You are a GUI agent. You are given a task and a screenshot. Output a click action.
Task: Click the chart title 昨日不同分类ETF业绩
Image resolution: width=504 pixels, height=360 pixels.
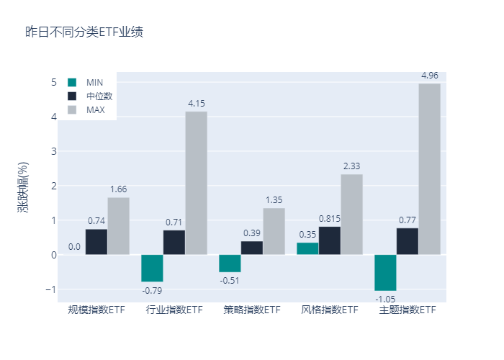point(79,32)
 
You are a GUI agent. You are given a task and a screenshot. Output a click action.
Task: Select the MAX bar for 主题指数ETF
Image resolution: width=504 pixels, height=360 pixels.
point(429,169)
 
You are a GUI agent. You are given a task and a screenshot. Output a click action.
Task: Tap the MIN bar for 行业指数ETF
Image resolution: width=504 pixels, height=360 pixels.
point(152,268)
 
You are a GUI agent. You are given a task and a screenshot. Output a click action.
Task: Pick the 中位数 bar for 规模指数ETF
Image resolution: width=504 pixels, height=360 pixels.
point(96,242)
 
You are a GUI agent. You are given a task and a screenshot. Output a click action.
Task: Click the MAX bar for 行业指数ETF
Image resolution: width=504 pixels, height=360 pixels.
point(196,183)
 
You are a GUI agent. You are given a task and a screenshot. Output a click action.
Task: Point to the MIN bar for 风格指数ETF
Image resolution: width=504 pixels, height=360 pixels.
point(307,248)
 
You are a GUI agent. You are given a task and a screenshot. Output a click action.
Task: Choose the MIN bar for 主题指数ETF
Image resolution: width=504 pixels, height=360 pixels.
point(385,273)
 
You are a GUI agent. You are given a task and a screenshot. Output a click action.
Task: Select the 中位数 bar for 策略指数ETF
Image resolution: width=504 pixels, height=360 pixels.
point(252,248)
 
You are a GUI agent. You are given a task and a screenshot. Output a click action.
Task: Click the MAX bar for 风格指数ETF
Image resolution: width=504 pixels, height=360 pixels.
point(351,215)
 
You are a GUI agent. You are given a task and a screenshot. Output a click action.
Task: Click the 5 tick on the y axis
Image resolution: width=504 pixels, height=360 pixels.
point(53,82)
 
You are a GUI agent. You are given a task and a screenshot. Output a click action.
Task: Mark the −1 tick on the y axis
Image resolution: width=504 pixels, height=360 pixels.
point(50,289)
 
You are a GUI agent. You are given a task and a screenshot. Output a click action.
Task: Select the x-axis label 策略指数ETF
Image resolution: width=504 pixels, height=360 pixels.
point(252,310)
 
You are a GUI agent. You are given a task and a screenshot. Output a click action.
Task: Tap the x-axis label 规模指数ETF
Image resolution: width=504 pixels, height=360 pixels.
point(96,310)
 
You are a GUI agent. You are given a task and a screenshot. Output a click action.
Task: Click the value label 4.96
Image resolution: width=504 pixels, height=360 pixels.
point(429,75)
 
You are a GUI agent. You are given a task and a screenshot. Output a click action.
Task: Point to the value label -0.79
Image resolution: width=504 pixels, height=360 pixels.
point(152,290)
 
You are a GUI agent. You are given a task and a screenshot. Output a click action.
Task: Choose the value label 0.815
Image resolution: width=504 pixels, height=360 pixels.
point(330,218)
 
